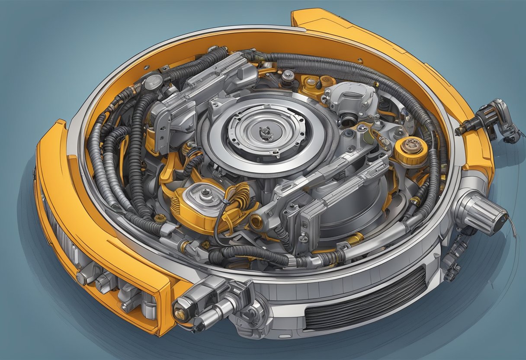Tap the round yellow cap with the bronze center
pyautogui.click(x=411, y=150)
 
